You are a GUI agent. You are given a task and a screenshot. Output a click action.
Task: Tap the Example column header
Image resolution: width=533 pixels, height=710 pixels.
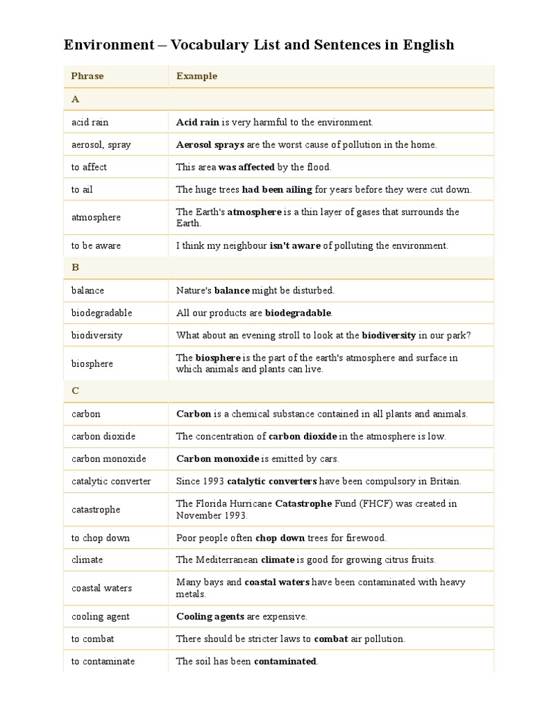click(196, 76)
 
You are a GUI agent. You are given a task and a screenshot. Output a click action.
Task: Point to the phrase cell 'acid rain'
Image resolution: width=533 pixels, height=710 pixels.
click(90, 122)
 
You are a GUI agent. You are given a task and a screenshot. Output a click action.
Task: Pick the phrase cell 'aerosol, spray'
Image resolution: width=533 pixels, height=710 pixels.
click(101, 145)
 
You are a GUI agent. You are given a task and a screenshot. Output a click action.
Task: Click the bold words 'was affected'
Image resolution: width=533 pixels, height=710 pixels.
click(246, 167)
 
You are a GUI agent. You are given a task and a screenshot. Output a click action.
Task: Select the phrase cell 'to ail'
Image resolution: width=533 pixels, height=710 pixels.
click(82, 189)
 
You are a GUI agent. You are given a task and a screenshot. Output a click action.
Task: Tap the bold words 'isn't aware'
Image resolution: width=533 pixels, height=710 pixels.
click(295, 245)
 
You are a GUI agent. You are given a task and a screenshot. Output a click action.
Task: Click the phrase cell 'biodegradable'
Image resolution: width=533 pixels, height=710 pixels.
click(101, 313)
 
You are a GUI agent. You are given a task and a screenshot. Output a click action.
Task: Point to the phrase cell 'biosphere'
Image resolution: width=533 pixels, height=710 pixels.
click(92, 363)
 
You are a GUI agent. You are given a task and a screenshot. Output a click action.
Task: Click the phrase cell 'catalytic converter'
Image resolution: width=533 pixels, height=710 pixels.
click(111, 481)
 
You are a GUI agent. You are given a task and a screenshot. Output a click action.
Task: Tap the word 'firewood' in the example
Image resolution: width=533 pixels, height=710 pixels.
click(369, 538)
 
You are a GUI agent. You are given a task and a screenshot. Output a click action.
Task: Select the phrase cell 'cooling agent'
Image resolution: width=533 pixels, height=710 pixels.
click(101, 616)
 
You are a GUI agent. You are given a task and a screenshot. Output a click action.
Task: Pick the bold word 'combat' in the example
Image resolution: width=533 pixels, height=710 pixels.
click(331, 639)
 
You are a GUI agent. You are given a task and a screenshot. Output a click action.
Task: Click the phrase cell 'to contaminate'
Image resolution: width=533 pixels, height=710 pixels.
click(103, 661)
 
